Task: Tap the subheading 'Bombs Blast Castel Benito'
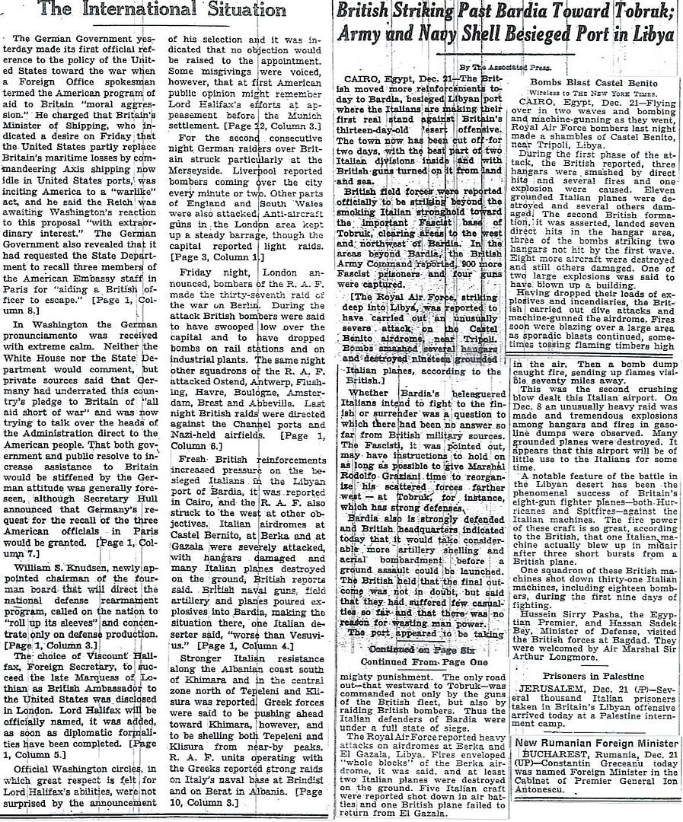(x=588, y=81)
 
